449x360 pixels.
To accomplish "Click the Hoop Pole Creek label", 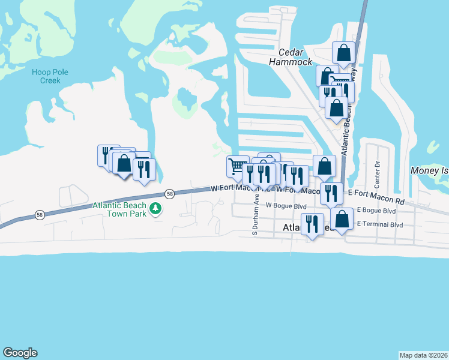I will (46, 76).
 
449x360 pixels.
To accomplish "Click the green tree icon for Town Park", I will (155, 209).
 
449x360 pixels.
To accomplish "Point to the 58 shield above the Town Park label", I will (171, 194).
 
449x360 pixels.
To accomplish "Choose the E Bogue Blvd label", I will (376, 211).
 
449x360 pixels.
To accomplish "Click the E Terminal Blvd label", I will (380, 223).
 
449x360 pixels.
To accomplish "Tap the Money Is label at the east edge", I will (429, 171).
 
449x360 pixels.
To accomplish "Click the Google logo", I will (20, 353).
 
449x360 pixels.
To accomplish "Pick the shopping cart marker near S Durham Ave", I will (237, 166).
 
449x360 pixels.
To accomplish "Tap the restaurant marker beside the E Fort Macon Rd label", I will (331, 193).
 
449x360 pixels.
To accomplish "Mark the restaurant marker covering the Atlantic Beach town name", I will (311, 224).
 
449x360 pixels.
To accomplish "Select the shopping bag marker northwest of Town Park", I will (124, 163).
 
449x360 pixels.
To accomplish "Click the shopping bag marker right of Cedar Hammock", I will (343, 53).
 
